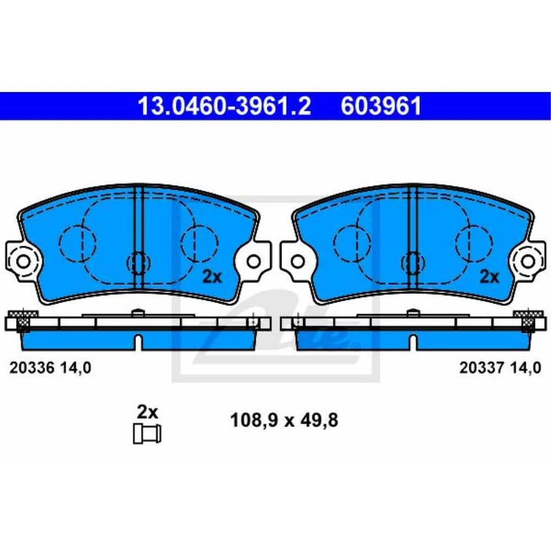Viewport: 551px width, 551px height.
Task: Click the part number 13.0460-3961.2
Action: point(224,106)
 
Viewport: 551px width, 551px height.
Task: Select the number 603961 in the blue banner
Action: point(381,106)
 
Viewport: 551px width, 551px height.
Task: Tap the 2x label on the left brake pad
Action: point(212,277)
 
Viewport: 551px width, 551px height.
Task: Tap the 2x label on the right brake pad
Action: point(489,277)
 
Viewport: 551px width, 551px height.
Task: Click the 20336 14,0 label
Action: point(50,368)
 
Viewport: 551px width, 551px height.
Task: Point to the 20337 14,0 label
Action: point(500,368)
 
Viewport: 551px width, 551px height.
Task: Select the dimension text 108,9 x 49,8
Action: point(284,421)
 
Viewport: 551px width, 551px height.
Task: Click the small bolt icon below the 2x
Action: point(147,433)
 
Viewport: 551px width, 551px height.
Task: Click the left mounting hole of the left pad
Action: point(23,262)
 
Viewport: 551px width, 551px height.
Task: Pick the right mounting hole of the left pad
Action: point(254,262)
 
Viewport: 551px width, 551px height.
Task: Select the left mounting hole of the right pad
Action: point(297,262)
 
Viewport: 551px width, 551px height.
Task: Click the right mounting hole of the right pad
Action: point(529,262)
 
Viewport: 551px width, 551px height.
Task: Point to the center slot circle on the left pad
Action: point(138,262)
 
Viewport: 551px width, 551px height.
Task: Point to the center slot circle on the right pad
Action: point(413,262)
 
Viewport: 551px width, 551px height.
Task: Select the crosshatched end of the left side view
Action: point(23,319)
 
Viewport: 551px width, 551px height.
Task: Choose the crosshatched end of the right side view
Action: point(528,319)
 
